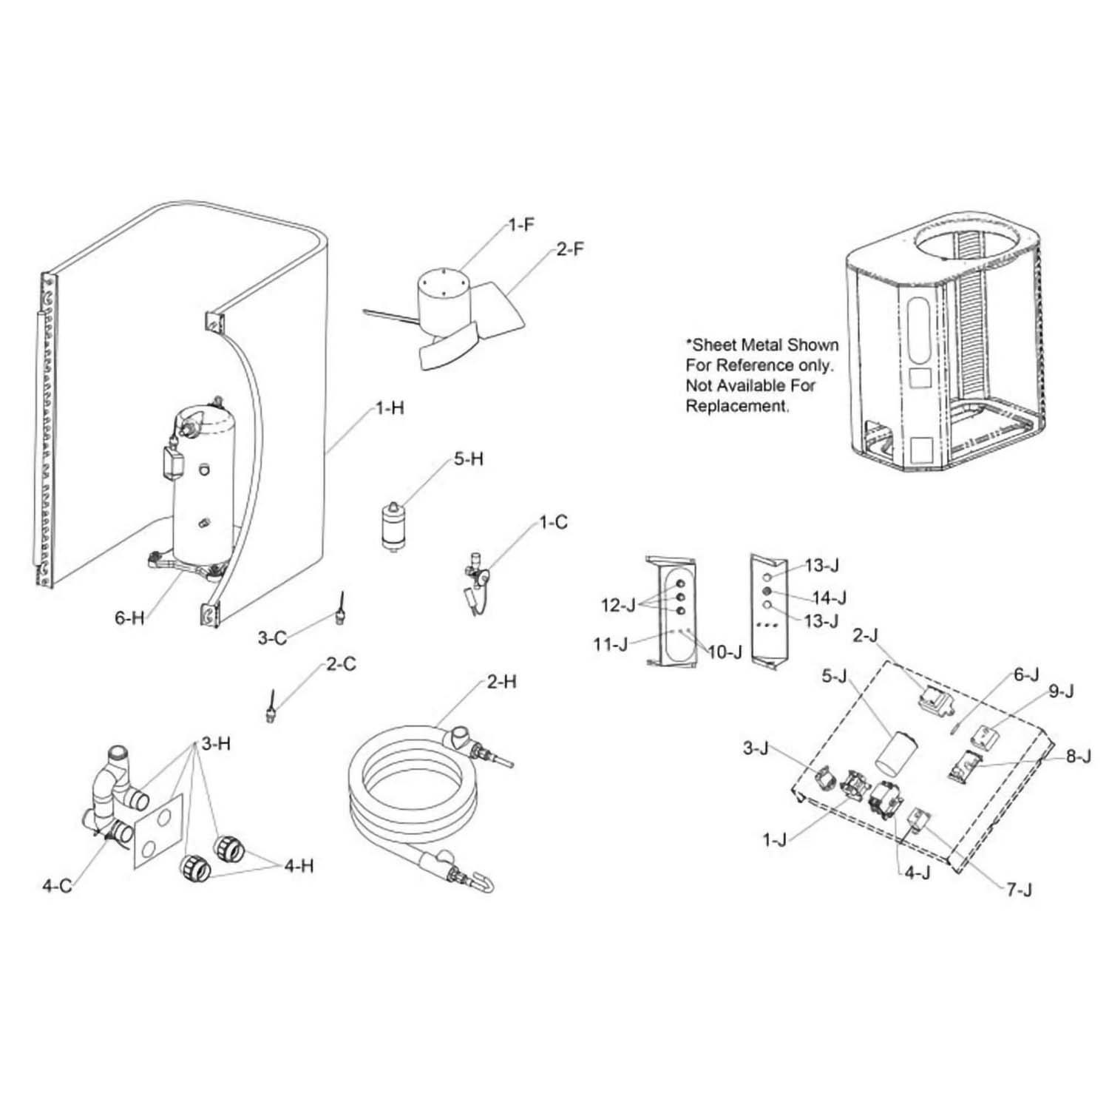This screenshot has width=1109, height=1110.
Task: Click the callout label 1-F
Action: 521,226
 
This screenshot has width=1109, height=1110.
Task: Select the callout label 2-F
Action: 569,249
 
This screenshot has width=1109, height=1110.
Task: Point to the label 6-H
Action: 129,618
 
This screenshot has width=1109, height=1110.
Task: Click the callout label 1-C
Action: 553,523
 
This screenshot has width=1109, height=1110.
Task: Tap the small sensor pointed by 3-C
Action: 341,611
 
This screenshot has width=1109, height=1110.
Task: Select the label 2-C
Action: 340,664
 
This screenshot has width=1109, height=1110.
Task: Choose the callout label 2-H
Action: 501,682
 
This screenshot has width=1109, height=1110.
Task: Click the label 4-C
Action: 57,885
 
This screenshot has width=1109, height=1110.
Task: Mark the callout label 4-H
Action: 299,865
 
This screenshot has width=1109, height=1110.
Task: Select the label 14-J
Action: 829,598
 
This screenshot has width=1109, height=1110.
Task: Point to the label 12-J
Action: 618,606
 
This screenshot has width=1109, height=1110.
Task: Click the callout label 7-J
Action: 1019,890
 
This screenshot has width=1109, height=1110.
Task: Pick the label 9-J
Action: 1061,691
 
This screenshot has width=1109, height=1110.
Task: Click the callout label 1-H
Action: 390,408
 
